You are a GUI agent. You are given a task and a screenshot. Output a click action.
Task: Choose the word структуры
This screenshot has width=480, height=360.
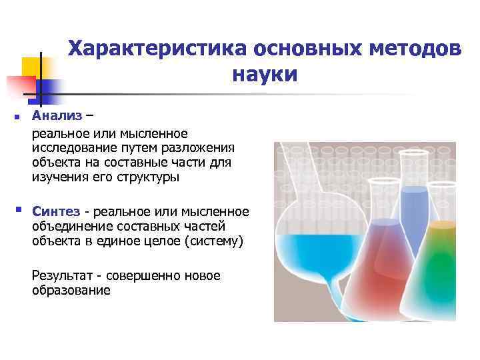(149, 178)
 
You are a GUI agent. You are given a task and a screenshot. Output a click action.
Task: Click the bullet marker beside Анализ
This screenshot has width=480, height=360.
(16, 118)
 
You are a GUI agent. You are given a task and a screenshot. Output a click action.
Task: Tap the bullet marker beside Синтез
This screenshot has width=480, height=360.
(16, 211)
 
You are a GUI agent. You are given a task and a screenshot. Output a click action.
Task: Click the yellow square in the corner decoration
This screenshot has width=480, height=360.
(31, 67)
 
